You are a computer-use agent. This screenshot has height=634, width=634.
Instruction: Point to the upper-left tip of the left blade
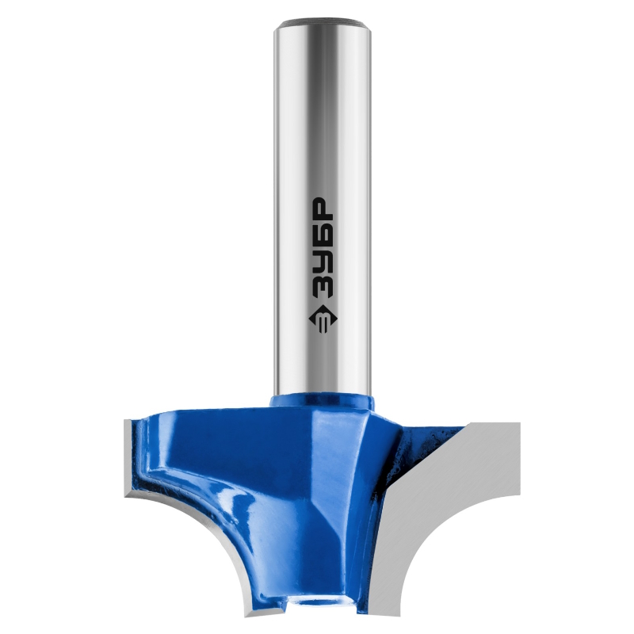click(124, 421)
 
